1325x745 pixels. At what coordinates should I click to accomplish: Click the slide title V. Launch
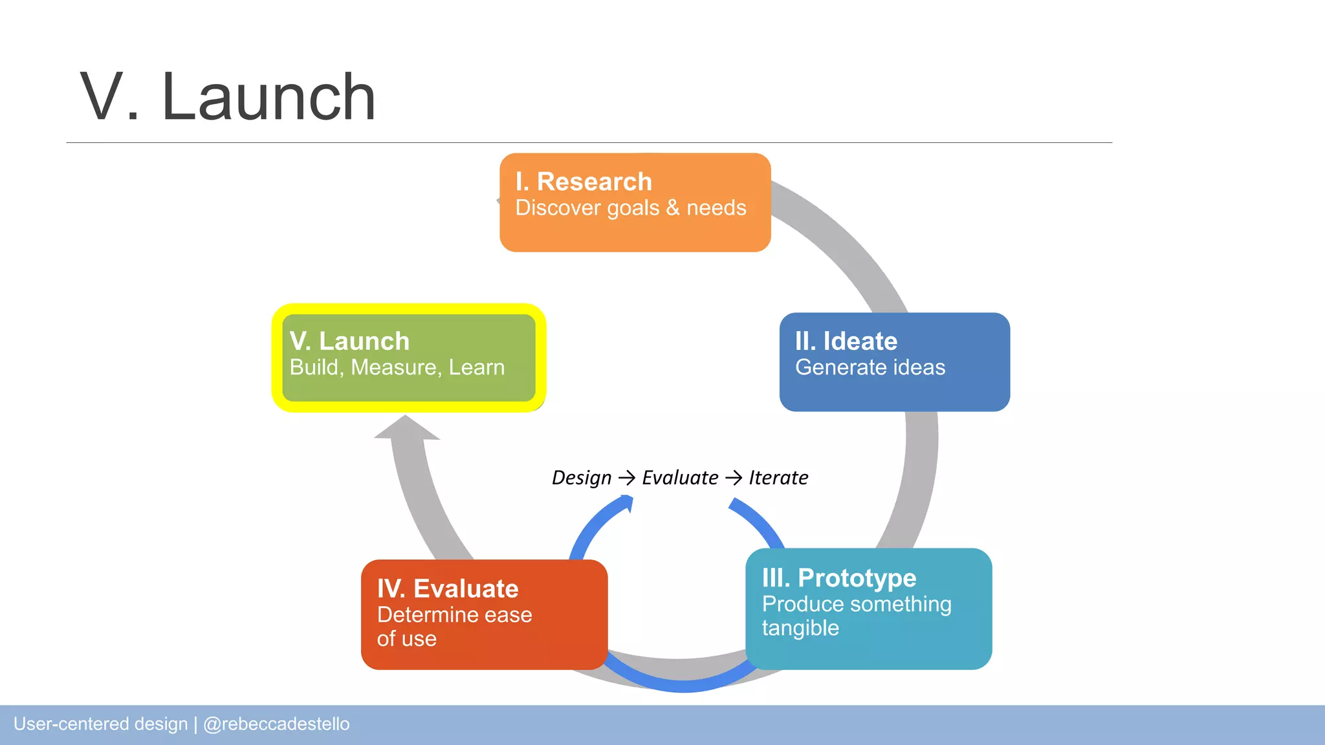click(227, 97)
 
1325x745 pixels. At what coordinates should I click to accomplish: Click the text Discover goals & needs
click(630, 208)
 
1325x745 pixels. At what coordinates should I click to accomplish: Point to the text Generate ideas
click(870, 367)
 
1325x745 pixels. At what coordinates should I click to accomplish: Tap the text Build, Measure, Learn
click(397, 367)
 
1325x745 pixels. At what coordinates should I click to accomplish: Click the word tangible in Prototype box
click(800, 628)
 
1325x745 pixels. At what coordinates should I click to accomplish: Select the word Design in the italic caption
click(581, 478)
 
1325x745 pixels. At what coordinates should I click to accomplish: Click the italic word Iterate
click(778, 478)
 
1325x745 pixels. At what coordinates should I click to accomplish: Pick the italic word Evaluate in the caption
click(679, 478)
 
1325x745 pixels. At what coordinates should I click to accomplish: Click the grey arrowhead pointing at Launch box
click(406, 429)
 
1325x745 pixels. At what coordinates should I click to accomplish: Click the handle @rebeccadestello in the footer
click(276, 724)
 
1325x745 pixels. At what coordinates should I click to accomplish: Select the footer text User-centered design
click(100, 724)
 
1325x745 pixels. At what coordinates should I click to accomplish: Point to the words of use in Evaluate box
click(406, 639)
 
